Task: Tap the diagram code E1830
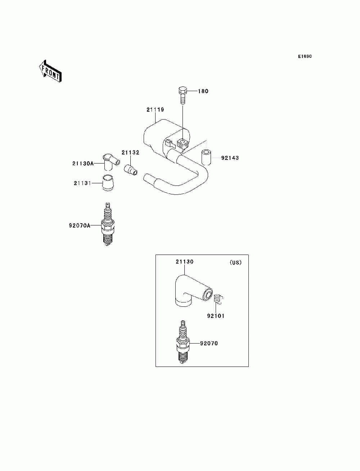[305, 57]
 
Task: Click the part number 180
[203, 91]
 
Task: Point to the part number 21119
[155, 109]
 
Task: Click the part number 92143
[230, 158]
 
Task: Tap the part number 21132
[130, 153]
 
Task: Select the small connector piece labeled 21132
[130, 169]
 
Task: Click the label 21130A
[83, 163]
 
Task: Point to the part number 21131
[82, 183]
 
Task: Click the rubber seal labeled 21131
[107, 183]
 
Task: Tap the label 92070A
[80, 226]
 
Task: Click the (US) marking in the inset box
[236, 263]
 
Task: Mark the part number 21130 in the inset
[184, 262]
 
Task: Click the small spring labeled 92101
[217, 299]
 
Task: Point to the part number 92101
[216, 316]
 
